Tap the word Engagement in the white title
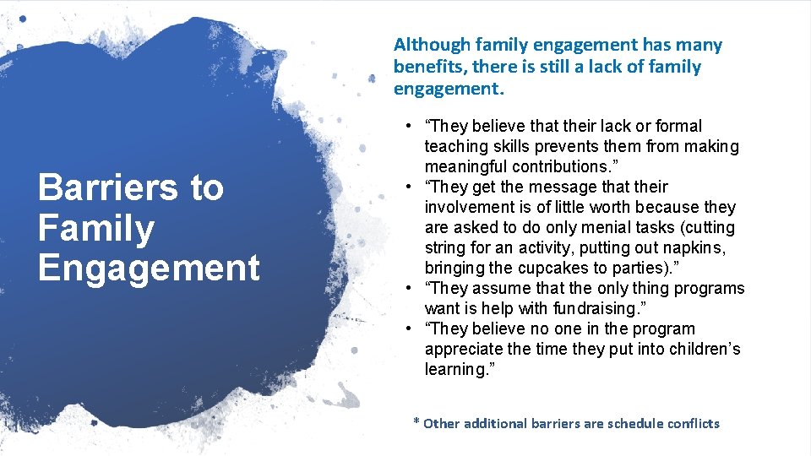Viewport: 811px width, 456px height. pyautogui.click(x=149, y=268)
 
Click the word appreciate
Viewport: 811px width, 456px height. pyautogui.click(x=466, y=349)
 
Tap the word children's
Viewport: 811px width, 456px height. pyautogui.click(x=699, y=349)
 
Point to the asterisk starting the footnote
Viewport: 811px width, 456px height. pyautogui.click(x=416, y=421)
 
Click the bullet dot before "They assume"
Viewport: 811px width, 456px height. pyautogui.click(x=408, y=288)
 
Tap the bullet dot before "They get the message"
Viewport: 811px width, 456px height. pyautogui.click(x=408, y=187)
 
